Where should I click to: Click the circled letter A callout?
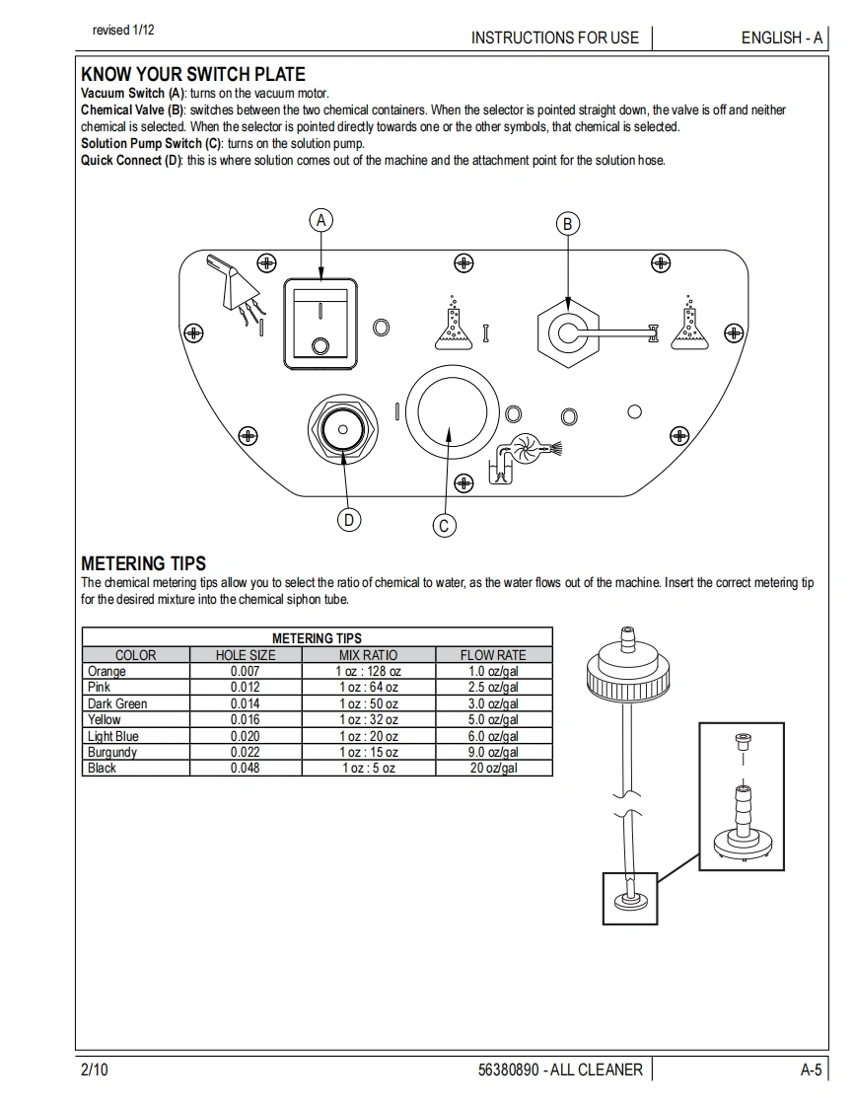[320, 220]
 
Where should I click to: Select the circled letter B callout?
[567, 224]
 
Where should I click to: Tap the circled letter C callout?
[444, 526]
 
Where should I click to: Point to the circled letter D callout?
[349, 520]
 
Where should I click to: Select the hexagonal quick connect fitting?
[344, 430]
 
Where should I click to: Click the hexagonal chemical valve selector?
[567, 332]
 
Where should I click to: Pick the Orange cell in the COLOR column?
[107, 671]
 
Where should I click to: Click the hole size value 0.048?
[246, 768]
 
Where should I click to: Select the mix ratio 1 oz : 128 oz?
[369, 671]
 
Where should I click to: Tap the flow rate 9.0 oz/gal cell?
[493, 752]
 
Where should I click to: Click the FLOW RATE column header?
[493, 654]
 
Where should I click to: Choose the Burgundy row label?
[112, 752]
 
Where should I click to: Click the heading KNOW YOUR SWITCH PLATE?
[192, 74]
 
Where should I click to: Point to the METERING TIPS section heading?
[143, 563]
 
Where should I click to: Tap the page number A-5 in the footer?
[811, 1070]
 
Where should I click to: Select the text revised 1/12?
[123, 31]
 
